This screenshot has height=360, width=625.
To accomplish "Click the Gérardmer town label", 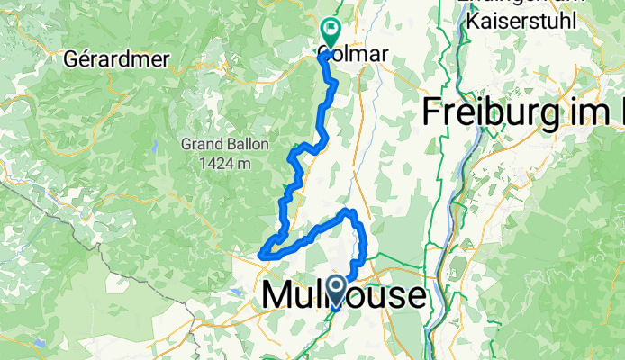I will click(105, 59).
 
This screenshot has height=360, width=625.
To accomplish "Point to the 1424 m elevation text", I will click(224, 163).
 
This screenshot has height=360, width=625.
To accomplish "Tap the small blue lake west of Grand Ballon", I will click(155, 145).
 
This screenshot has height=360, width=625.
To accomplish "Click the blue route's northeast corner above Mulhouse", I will click(353, 212).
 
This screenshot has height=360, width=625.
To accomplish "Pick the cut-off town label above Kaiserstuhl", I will click(513, 4).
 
